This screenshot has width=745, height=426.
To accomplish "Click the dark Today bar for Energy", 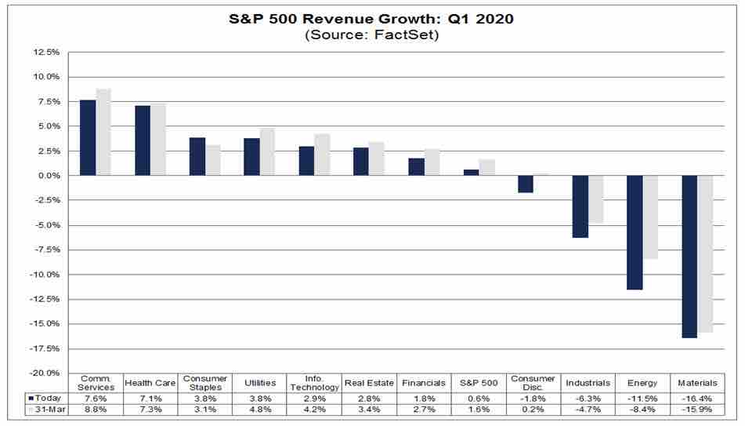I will [x=635, y=232].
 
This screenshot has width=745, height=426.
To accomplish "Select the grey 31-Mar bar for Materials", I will [x=704, y=253].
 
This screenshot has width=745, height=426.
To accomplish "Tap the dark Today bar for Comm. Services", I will [x=88, y=137].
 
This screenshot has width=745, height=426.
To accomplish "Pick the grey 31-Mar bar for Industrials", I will [x=595, y=199].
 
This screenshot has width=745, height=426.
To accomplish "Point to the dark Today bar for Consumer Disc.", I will [x=526, y=184].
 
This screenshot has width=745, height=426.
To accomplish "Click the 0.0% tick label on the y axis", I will [x=45, y=176].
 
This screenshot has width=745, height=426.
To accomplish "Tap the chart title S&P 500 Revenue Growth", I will [x=371, y=17].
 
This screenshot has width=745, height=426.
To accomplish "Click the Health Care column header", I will [x=150, y=383].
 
